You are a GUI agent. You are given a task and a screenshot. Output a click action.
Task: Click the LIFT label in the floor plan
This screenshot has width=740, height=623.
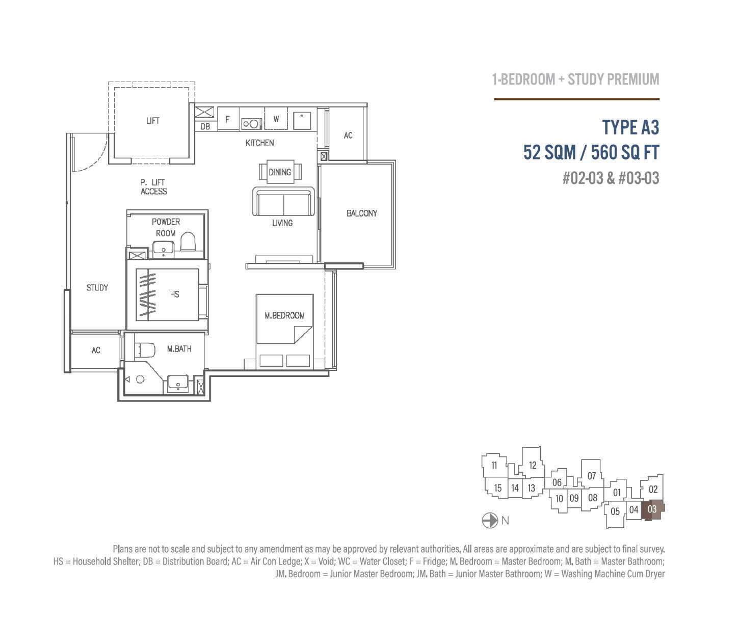[x=153, y=121]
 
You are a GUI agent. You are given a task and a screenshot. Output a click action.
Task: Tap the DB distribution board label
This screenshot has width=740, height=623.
[x=205, y=126]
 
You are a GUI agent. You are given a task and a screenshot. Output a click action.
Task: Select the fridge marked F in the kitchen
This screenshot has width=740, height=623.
[x=228, y=119]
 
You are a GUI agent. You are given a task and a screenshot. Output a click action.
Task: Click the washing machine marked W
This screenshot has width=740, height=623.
[x=276, y=119]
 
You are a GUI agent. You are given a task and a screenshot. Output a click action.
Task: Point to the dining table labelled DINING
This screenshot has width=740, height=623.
[x=280, y=172]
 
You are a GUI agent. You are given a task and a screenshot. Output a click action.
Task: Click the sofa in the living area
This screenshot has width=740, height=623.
[x=283, y=202]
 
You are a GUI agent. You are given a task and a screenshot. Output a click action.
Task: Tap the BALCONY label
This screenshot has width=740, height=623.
[x=361, y=213]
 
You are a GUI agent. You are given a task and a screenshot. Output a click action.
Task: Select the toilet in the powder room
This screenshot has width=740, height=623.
[x=188, y=241]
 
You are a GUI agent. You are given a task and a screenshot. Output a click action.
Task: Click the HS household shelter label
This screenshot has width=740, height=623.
[x=174, y=294]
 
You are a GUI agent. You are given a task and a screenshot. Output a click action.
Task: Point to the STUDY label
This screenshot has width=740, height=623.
[x=97, y=288]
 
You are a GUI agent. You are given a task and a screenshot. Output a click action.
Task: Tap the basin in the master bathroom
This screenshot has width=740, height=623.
[x=178, y=384]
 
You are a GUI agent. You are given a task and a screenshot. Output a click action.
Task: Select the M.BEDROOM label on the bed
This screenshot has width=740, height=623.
[x=284, y=315]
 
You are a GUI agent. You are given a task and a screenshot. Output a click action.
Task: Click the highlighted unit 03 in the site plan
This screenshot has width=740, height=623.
[x=652, y=509]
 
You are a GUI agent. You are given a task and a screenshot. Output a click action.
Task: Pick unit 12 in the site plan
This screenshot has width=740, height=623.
[x=532, y=466]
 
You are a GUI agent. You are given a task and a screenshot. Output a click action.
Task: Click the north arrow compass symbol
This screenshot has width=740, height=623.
[x=490, y=521]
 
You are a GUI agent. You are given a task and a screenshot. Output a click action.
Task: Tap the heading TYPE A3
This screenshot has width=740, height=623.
[x=630, y=127]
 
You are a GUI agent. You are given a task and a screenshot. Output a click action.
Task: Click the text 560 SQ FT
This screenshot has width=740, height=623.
[x=625, y=153]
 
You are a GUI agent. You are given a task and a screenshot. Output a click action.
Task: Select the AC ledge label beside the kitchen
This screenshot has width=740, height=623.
[x=348, y=136]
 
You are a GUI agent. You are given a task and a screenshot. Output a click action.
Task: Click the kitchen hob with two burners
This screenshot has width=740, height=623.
[x=251, y=124]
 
